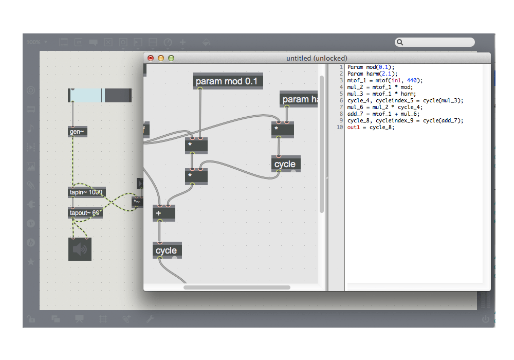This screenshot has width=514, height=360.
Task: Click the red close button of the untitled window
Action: (151, 58)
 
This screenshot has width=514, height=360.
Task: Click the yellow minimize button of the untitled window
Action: (161, 58)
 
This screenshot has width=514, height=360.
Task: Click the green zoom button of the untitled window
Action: (171, 58)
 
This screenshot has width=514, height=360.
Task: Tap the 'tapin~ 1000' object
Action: (86, 192)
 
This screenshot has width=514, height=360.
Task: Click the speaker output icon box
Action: (80, 249)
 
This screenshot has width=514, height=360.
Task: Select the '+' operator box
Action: (164, 213)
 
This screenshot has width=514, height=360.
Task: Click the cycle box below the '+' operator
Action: (167, 250)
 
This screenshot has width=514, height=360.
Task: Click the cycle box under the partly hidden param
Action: (285, 164)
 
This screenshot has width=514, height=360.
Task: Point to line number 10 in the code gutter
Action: (340, 127)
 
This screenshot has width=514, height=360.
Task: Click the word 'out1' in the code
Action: (354, 127)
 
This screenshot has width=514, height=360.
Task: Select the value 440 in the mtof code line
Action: (412, 80)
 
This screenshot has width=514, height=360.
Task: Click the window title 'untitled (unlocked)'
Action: (317, 58)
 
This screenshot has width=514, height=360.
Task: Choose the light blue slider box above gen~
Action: (86, 95)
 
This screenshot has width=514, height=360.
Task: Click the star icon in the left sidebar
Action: (31, 262)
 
